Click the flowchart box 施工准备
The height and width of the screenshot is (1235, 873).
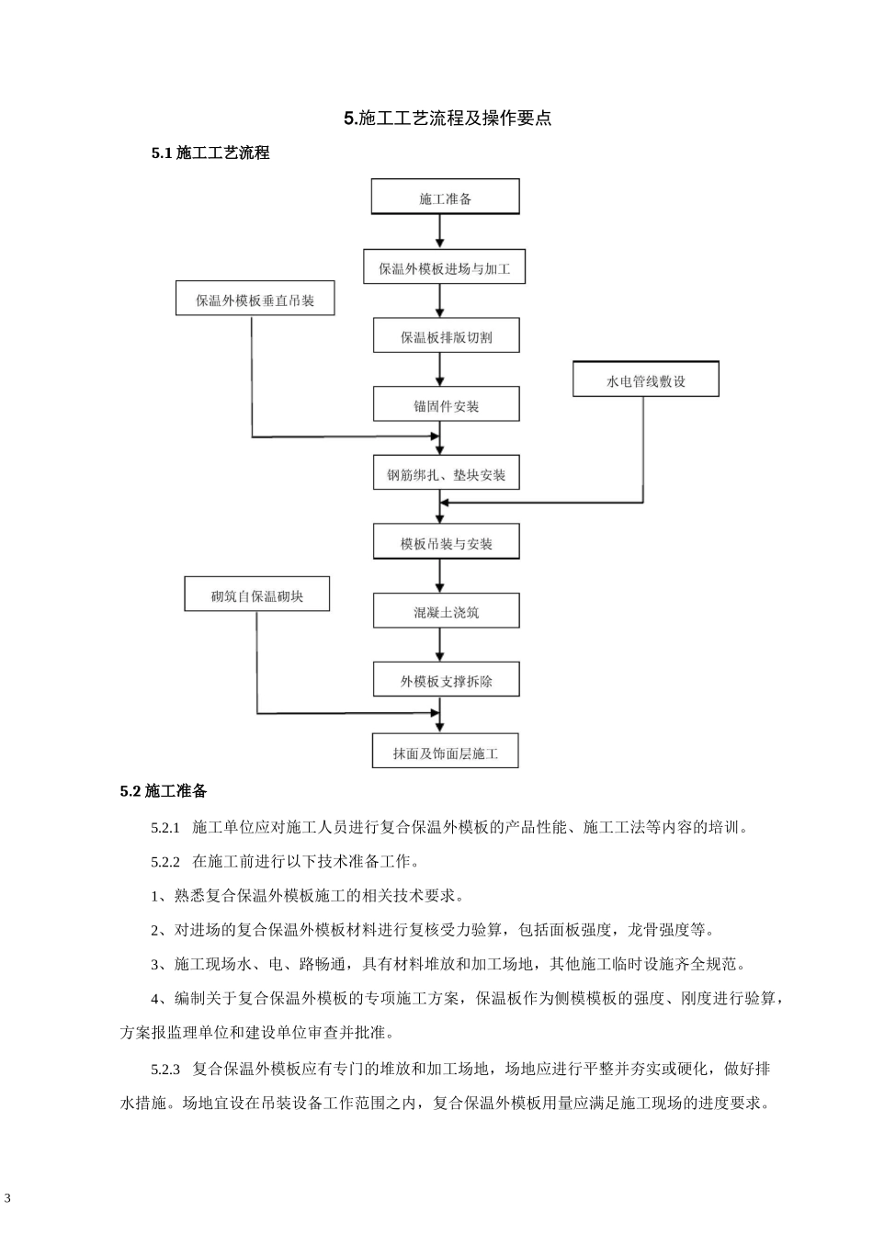click(445, 198)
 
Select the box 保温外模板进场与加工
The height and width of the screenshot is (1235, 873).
click(444, 268)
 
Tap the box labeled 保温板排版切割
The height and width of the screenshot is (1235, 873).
click(446, 336)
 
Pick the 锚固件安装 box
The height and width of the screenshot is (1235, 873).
click(446, 405)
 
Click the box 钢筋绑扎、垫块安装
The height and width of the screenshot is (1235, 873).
click(446, 474)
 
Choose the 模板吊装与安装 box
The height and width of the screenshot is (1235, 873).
click(446, 543)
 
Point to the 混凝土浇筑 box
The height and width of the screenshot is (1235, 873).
click(446, 611)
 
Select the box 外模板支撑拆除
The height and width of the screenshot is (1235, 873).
click(446, 681)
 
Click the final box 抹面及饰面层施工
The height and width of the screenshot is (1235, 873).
click(446, 753)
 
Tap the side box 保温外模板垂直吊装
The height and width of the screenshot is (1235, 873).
click(255, 300)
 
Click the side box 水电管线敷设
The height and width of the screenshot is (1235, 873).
click(645, 380)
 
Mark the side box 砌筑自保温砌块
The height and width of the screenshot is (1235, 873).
click(256, 595)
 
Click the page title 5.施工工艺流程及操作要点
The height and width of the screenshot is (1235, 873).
click(448, 118)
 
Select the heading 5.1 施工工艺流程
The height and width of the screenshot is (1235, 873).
click(210, 153)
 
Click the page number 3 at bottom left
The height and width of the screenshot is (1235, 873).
click(8, 1198)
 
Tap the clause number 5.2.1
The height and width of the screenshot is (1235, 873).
click(165, 827)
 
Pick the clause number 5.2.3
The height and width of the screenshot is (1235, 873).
click(165, 1069)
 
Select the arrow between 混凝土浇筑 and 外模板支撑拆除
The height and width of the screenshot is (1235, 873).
click(442, 645)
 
